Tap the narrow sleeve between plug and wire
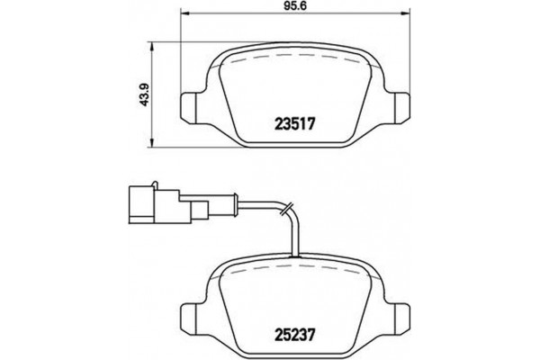coord(199,210)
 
